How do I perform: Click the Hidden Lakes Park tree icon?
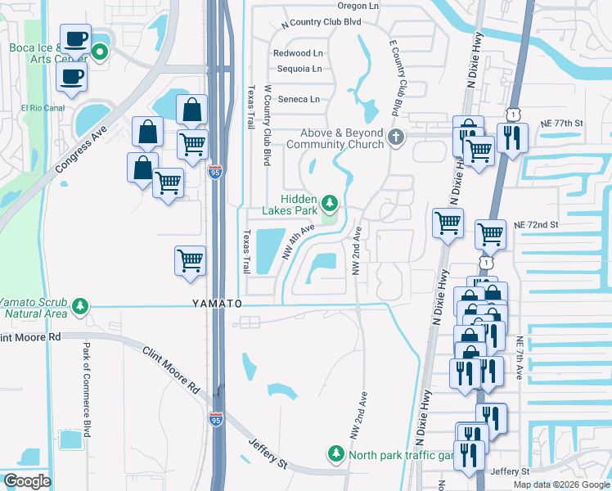pos(330,201)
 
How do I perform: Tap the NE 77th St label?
pos(561,123)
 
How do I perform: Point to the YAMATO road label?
pos(217,304)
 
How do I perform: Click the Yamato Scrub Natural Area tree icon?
pos(79,306)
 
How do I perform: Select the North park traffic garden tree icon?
pos(335,453)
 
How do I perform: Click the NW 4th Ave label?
pos(299,242)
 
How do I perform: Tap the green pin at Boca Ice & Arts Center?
pos(101,54)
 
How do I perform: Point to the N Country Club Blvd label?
pos(321,23)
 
